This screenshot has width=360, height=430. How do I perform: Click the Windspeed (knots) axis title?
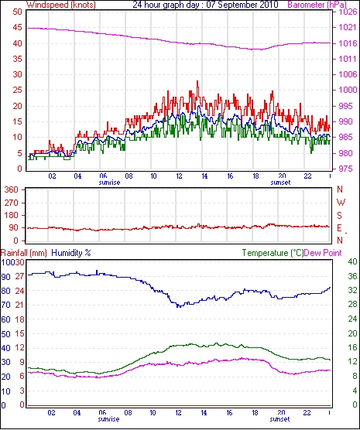pyautogui.click(x=61, y=5)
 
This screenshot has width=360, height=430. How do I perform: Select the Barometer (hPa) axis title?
pyautogui.click(x=317, y=5)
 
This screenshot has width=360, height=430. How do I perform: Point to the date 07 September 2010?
pyautogui.click(x=242, y=5)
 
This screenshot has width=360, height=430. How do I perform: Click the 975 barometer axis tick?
pyautogui.click(x=346, y=169)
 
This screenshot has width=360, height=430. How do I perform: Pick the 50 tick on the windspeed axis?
pyautogui.click(x=17, y=12)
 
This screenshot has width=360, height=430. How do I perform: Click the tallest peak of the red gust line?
pyautogui.click(x=197, y=81)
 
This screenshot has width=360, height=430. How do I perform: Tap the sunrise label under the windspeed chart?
pyautogui.click(x=109, y=183)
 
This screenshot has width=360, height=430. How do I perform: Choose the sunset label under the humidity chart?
pyautogui.click(x=279, y=419)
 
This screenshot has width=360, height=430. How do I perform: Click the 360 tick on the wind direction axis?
pyautogui.click(x=12, y=189)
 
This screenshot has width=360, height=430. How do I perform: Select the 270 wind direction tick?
pyautogui.click(x=12, y=203)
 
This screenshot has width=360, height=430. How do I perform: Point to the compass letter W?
pyautogui.click(x=341, y=203)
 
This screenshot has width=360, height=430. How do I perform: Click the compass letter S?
pyautogui.click(x=340, y=216)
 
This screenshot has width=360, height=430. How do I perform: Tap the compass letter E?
pyautogui.click(x=339, y=228)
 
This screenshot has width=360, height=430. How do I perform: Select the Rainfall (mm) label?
pyautogui.click(x=24, y=253)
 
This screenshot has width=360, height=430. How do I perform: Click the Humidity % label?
pyautogui.click(x=71, y=253)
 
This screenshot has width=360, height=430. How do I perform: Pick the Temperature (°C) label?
pyautogui.click(x=273, y=253)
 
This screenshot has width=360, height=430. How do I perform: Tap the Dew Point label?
pyautogui.click(x=323, y=253)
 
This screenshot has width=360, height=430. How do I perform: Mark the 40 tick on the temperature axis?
pyautogui.click(x=352, y=261)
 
